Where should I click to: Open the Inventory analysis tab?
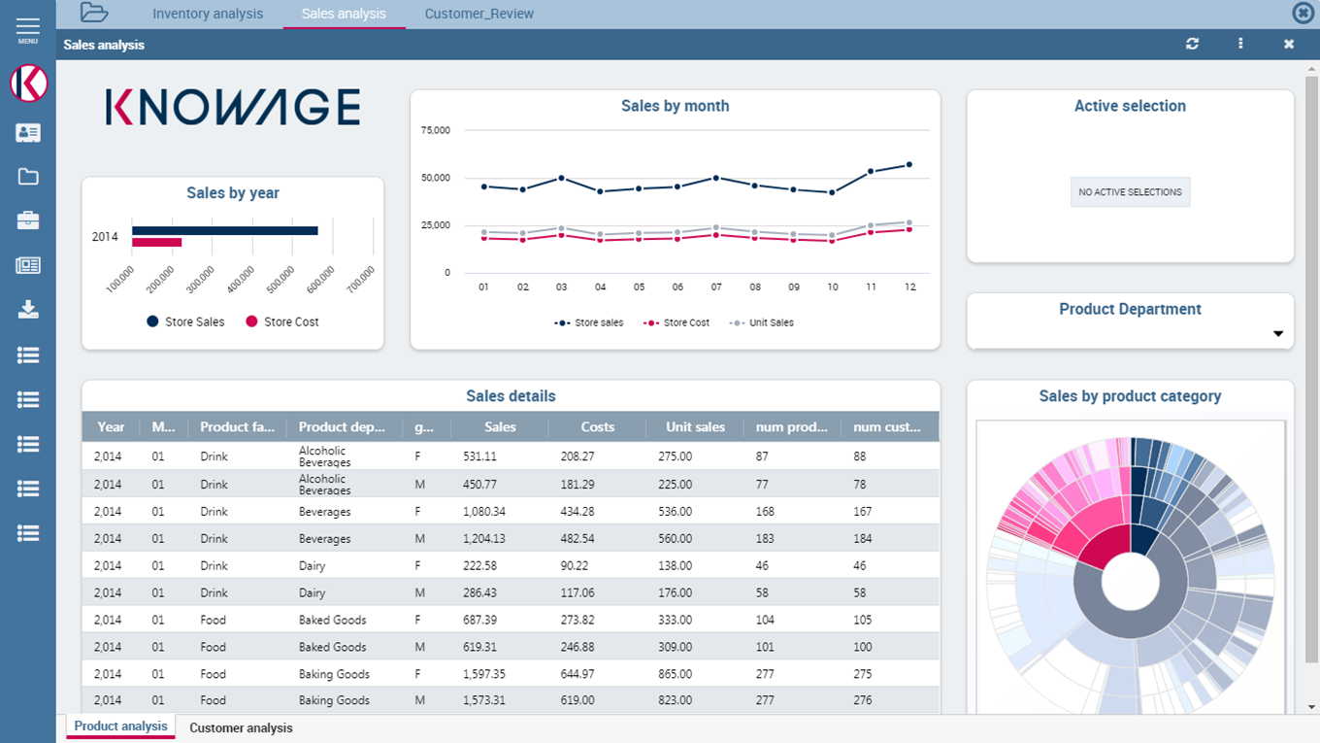pyautogui.click(x=208, y=14)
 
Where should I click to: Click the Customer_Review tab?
pyautogui.click(x=479, y=14)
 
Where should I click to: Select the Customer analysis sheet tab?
pyautogui.click(x=241, y=727)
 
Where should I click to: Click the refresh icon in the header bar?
pyautogui.click(x=1192, y=44)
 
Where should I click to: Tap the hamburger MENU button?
pyautogui.click(x=28, y=29)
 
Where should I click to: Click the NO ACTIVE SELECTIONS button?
pyautogui.click(x=1130, y=192)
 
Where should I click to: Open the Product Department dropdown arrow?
pyautogui.click(x=1278, y=334)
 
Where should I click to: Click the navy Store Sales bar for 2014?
pyautogui.click(x=224, y=230)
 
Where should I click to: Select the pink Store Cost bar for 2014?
pyautogui.click(x=157, y=242)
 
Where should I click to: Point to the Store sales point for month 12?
pyautogui.click(x=909, y=165)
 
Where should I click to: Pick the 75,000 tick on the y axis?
pyautogui.click(x=435, y=130)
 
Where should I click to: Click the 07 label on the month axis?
pyautogui.click(x=716, y=287)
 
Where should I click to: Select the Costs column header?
pyautogui.click(x=597, y=426)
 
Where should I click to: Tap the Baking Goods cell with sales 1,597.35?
pyautogui.click(x=334, y=674)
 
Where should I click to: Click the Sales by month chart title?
pyautogui.click(x=675, y=106)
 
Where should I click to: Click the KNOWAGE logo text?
pyautogui.click(x=233, y=107)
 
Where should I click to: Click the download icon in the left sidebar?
pyautogui.click(x=28, y=310)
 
